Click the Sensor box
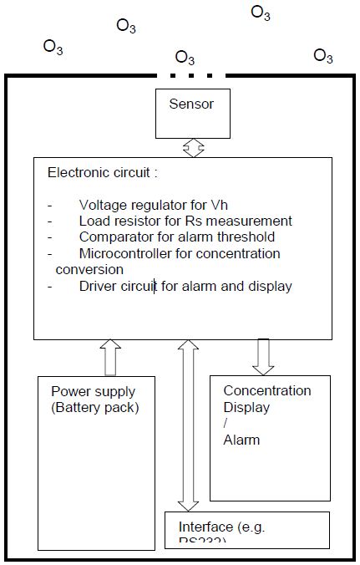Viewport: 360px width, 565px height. (x=191, y=113)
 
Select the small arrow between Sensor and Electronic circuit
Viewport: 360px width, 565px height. (x=193, y=148)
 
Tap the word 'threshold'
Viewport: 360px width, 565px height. (x=255, y=237)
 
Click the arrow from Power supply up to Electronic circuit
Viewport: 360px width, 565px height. (x=109, y=357)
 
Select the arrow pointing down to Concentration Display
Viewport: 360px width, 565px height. (x=263, y=357)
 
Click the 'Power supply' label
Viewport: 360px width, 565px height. (x=93, y=391)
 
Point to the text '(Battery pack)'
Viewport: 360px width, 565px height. (x=94, y=407)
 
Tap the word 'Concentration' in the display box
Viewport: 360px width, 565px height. (x=266, y=390)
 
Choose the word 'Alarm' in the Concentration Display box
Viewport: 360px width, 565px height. (x=241, y=440)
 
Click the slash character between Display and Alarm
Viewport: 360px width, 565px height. (x=226, y=424)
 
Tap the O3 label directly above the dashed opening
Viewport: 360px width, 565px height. (x=185, y=58)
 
